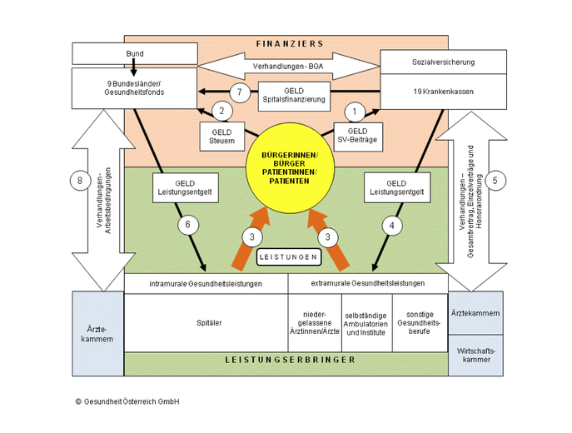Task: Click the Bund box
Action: [x=135, y=53]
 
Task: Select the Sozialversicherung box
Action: [x=443, y=62]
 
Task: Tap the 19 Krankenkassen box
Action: [x=443, y=92]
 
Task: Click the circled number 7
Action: [x=240, y=92]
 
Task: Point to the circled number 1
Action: [x=354, y=112]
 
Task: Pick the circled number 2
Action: [x=221, y=111]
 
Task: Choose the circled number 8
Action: [x=80, y=180]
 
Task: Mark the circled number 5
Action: [x=495, y=181]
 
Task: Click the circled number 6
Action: [x=188, y=224]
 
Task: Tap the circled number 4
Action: [x=392, y=226]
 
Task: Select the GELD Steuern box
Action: [x=222, y=137]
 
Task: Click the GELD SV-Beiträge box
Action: [x=358, y=137]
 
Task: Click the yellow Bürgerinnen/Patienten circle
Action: [x=290, y=168]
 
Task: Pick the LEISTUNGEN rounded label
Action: [x=289, y=257]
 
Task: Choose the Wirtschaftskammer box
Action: [x=475, y=356]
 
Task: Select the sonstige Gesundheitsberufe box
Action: [x=420, y=323]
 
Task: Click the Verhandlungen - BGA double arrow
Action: [x=289, y=67]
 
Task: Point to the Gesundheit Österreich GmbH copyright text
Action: [x=127, y=401]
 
